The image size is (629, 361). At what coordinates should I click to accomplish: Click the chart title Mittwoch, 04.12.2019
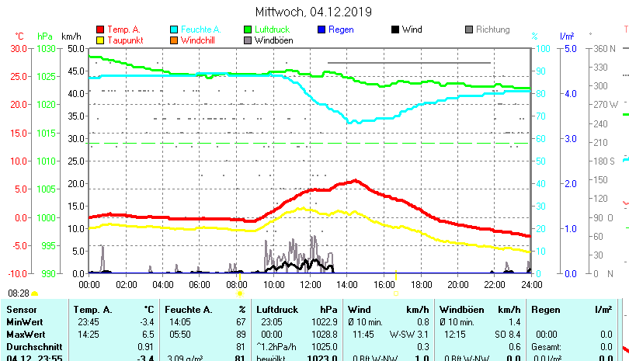click(314, 12)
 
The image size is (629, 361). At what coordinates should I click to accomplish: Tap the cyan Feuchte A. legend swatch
click(174, 30)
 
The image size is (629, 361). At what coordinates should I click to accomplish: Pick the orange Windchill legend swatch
click(174, 40)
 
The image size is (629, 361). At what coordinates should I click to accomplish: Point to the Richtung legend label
click(492, 30)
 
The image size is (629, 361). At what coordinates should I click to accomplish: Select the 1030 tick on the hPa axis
click(47, 48)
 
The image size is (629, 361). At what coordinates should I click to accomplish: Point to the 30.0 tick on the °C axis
click(19, 48)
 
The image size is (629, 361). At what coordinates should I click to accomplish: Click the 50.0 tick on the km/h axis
click(75, 48)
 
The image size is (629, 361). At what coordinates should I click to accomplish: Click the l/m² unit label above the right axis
click(566, 36)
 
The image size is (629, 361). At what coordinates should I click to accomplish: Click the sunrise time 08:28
click(19, 293)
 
